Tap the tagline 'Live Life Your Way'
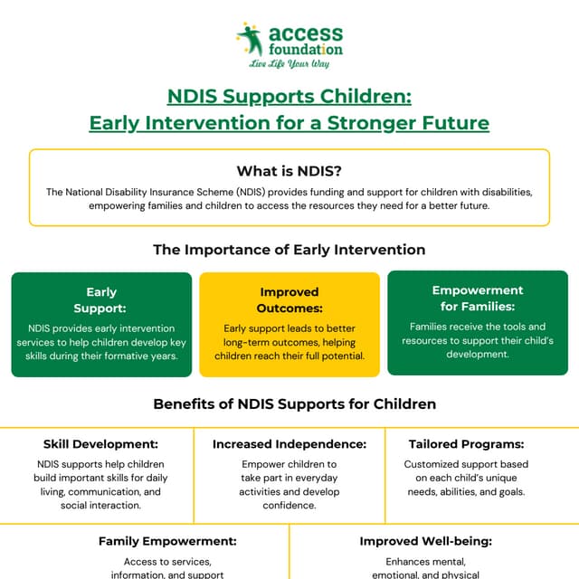coord(289,63)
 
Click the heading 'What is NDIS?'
coord(289,171)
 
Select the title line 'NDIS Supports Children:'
coord(289,96)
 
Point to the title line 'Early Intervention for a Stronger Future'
coord(289,122)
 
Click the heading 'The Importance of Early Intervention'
coord(289,249)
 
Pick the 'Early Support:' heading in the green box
coord(101,300)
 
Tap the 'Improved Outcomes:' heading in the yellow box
coord(289,300)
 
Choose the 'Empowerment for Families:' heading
coord(478,299)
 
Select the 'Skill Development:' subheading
coord(100,444)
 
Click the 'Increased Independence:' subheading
coord(289,444)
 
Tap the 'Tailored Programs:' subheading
coord(479,444)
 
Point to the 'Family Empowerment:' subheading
coord(167,541)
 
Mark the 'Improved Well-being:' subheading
coord(425,541)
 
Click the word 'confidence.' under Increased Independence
coord(289,506)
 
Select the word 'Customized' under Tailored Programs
coord(435,464)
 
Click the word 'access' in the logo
coord(305,33)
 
